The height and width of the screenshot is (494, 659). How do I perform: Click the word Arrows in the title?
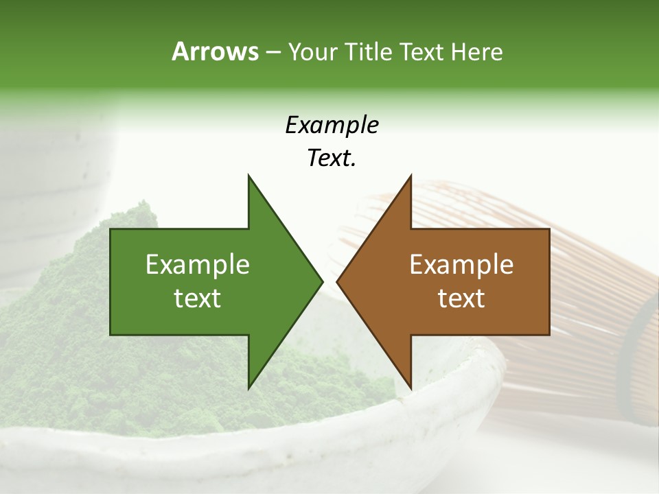[215, 51]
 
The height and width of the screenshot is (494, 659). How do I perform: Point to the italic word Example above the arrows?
[332, 126]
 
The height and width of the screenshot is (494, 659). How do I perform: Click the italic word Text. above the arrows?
[332, 158]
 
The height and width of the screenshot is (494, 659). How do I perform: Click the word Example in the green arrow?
[198, 265]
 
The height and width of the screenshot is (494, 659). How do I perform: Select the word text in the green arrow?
[198, 298]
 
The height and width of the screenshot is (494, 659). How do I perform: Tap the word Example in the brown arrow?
[461, 265]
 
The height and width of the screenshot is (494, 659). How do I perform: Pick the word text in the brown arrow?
[461, 298]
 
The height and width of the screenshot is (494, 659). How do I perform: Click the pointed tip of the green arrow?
[321, 281]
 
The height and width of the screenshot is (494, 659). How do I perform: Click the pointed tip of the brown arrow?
[338, 281]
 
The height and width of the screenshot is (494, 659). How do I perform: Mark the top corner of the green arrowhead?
[248, 176]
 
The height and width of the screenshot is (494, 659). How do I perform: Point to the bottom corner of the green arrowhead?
[248, 388]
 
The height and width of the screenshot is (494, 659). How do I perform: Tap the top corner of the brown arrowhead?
[411, 176]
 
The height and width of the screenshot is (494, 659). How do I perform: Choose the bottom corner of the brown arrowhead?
[411, 388]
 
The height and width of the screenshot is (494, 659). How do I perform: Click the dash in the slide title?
[273, 52]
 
